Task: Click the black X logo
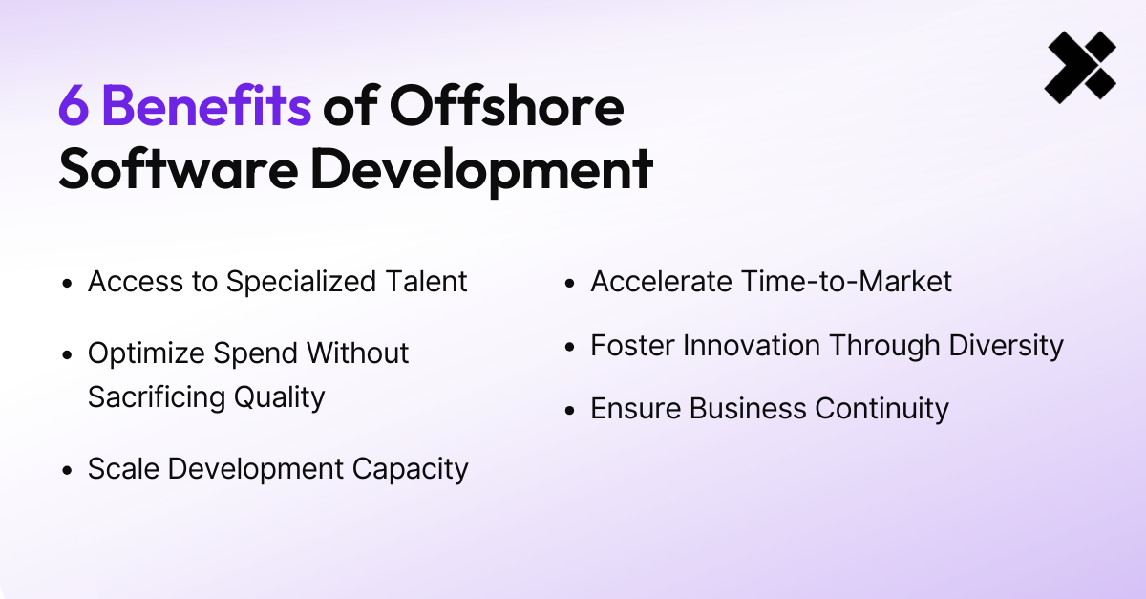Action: (x=1080, y=67)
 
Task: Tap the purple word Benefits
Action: (x=206, y=107)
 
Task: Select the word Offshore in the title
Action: (x=505, y=107)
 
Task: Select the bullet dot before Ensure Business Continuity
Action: (x=570, y=411)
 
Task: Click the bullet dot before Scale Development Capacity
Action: (x=67, y=471)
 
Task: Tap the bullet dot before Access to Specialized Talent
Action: (x=67, y=284)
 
